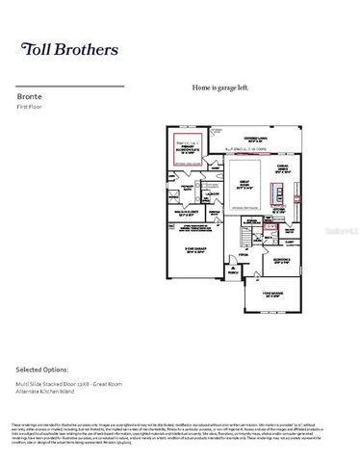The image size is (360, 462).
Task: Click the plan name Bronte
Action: (29, 96)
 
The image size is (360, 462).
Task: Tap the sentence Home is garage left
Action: (220, 88)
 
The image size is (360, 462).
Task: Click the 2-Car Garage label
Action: (193, 250)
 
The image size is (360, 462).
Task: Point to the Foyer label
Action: (244, 255)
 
